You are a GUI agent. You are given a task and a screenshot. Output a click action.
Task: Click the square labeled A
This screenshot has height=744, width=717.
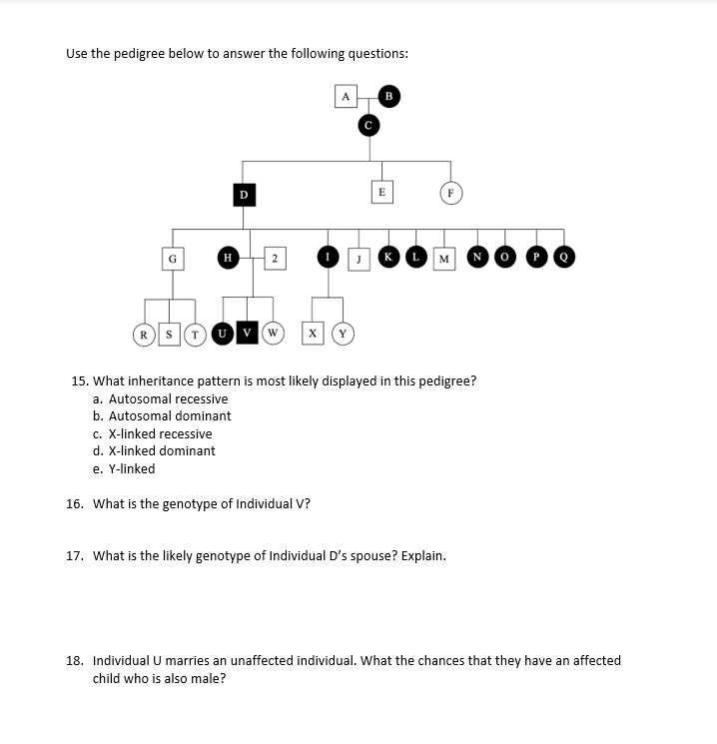[x=345, y=97]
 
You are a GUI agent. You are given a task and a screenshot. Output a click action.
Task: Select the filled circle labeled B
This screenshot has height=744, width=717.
[x=389, y=97]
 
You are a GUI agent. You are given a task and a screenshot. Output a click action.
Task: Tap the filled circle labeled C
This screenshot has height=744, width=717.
[x=368, y=125]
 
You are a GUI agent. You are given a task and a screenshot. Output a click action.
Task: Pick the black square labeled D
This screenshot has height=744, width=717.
[x=243, y=194]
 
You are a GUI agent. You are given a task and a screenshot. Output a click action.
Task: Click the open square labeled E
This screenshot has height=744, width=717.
[x=380, y=190]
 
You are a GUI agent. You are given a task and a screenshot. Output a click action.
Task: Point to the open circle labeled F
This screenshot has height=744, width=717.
[x=450, y=191]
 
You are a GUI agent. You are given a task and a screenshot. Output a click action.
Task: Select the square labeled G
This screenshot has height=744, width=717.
[x=173, y=258]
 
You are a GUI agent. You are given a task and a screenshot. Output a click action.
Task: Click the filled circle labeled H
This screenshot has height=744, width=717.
[x=228, y=258]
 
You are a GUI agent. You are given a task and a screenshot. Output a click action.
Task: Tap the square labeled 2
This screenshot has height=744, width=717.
[x=273, y=258]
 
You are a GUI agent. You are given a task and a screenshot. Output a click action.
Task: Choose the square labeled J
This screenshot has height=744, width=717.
[x=357, y=259]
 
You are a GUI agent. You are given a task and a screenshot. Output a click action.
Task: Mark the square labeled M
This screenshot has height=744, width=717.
[x=442, y=259]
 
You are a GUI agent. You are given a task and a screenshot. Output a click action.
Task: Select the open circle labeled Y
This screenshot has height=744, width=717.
[x=345, y=333]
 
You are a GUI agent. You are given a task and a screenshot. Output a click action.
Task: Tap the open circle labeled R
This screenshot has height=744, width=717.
[x=144, y=333]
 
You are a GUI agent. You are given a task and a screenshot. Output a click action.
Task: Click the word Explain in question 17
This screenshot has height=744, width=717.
[x=423, y=556]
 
